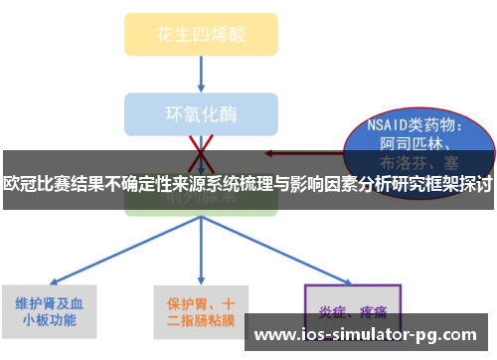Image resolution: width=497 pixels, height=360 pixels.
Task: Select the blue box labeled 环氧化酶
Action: point(202,112)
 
